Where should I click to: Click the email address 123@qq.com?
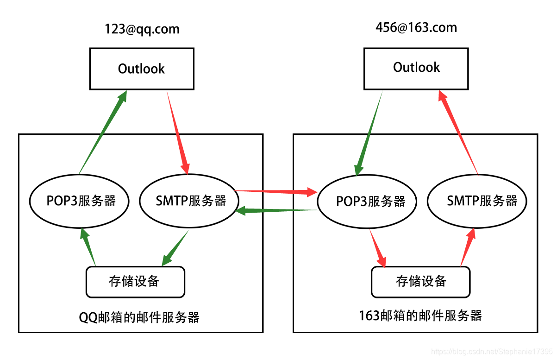pos(142,29)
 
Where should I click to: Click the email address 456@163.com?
pos(416,27)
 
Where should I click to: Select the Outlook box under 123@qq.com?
pos(142,69)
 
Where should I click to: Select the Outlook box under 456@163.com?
pos(416,67)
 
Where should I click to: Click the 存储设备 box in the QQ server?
pos(135,281)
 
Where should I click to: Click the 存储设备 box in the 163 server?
pos(420,281)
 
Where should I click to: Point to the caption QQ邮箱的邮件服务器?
pos(139,317)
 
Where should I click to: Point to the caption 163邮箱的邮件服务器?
pos(420,316)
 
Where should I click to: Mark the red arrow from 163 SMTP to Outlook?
pos(458,132)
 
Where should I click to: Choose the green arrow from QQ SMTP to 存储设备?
pos(175,248)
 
